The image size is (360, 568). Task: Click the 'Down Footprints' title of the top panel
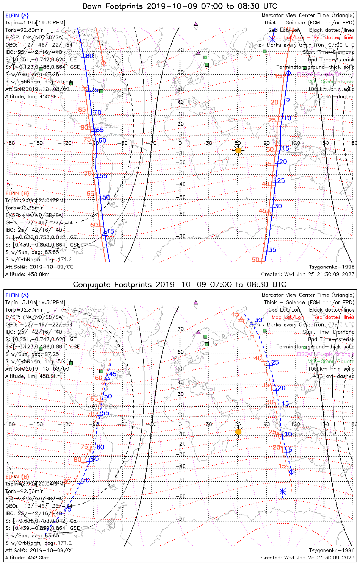tap(180, 6)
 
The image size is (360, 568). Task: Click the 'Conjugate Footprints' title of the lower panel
tap(180, 284)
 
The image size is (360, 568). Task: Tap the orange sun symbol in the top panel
tap(238, 150)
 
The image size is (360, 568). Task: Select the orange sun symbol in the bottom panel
tap(238, 431)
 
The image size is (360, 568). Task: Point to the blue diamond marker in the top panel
tap(288, 73)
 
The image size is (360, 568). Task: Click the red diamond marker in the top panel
tap(103, 62)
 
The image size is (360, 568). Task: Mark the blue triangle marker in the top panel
tap(105, 234)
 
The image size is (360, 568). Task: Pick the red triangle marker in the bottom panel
tap(241, 320)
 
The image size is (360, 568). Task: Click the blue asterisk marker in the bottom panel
tap(282, 492)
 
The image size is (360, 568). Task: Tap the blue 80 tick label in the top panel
tap(89, 56)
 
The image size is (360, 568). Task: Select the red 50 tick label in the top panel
tap(255, 260)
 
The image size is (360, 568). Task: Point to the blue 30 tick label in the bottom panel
tap(258, 320)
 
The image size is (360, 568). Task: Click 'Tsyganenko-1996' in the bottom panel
tap(332, 550)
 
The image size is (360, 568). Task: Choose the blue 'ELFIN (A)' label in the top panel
tap(17, 16)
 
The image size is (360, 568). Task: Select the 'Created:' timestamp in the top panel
tap(308, 274)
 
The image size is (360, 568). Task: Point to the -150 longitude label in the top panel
tap(38, 143)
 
